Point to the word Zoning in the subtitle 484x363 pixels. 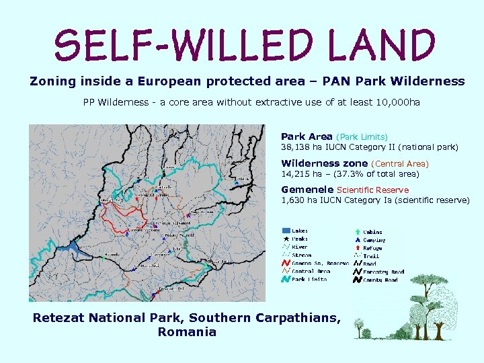[53, 81]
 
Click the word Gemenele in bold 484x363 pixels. [307, 190]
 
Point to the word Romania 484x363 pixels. [187, 332]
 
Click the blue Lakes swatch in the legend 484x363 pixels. [286, 231]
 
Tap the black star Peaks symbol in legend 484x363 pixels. [286, 239]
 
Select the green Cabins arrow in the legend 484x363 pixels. [356, 231]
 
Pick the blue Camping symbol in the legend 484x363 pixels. [356, 239]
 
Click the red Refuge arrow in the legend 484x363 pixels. [356, 247]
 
